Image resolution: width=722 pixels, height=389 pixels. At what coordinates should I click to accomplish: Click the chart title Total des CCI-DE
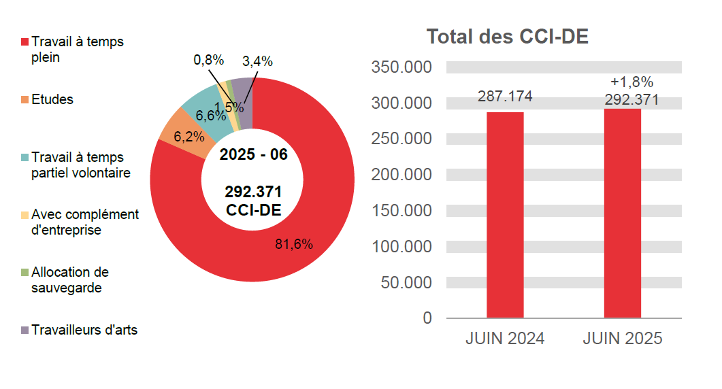507,37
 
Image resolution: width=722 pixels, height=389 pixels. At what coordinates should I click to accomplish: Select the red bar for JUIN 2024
505,215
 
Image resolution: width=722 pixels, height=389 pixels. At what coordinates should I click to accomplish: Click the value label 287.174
505,97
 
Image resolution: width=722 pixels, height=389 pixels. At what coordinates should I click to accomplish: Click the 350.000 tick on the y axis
401,67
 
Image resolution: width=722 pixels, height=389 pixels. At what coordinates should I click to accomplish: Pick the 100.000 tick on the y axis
401,246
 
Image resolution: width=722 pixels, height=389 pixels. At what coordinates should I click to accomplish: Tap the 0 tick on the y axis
427,318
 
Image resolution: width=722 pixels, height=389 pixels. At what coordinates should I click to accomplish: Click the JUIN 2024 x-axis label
505,339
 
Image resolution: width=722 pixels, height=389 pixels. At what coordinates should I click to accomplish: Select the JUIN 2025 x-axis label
622,339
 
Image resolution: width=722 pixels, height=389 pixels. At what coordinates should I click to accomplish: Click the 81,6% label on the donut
294,244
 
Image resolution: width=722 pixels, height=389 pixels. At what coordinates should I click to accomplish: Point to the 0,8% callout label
208,60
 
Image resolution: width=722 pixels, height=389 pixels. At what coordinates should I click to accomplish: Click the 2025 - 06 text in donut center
253,154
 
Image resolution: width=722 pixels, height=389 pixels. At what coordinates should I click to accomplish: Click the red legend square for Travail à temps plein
25,42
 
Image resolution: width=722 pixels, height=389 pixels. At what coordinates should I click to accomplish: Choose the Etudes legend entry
52,99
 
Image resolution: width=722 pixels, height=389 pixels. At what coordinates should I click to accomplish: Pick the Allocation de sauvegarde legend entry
69,280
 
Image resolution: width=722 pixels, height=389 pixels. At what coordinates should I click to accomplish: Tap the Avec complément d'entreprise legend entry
84,222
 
